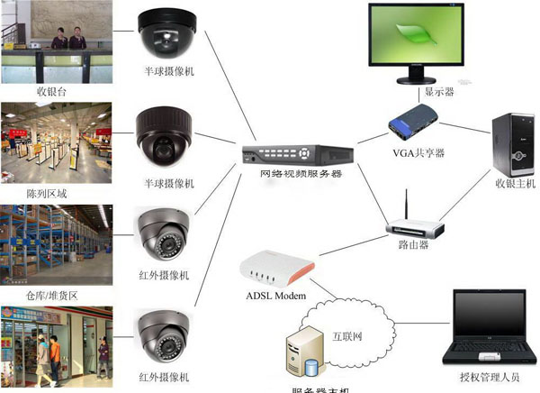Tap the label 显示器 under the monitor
pos(438,93)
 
